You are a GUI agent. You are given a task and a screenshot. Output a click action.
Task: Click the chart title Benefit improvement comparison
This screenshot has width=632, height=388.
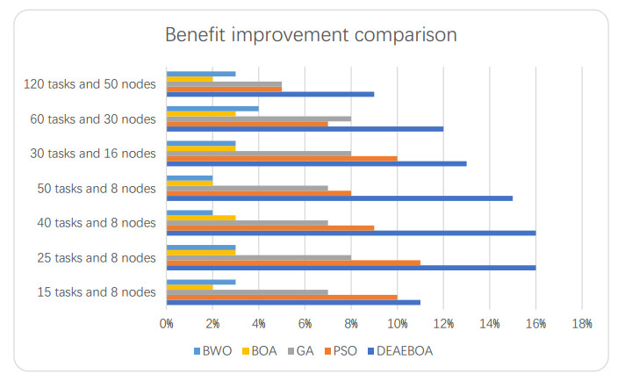[x=311, y=35]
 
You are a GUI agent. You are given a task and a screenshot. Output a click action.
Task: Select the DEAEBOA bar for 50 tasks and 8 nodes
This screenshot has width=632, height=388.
[x=340, y=198]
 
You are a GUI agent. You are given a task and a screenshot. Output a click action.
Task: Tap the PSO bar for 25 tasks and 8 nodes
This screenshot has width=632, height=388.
[x=293, y=262]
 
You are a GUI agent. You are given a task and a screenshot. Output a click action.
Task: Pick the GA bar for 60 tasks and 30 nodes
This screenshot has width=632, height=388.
[x=259, y=118]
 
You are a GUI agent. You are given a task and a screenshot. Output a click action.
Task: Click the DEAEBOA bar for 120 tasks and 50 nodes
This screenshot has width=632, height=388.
[x=270, y=94]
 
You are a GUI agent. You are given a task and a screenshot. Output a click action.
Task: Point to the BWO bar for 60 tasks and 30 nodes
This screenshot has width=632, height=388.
[x=212, y=109]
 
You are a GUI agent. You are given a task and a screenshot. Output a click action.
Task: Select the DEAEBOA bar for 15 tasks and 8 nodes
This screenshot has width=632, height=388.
[x=293, y=302]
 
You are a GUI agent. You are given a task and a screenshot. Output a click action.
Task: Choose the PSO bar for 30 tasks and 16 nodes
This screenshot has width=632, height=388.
[x=282, y=159]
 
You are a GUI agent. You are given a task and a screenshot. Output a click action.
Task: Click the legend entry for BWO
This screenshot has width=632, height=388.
[x=211, y=350]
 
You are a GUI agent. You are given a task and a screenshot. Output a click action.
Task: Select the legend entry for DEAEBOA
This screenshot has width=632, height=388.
[x=400, y=350]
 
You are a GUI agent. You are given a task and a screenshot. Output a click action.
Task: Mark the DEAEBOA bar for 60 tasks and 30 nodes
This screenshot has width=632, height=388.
[x=305, y=129]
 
